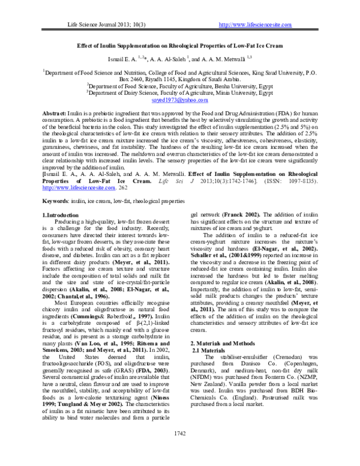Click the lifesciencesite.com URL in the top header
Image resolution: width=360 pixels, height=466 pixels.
[x=256, y=25]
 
